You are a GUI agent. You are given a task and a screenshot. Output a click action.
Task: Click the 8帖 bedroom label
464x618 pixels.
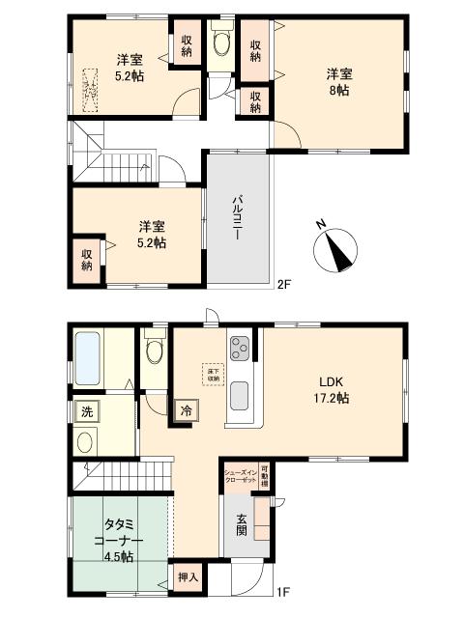[x=337, y=80]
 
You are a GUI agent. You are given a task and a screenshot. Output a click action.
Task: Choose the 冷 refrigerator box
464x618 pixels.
[x=184, y=410]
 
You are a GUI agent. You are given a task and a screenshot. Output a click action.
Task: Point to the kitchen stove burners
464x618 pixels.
[x=240, y=347]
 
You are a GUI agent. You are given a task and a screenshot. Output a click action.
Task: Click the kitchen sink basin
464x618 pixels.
[x=240, y=396]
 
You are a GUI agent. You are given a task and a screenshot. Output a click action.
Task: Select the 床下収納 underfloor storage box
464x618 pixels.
[x=212, y=374]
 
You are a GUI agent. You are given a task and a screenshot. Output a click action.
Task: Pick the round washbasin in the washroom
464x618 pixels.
[x=86, y=444]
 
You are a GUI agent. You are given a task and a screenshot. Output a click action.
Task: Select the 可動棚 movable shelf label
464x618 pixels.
[x=266, y=476]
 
